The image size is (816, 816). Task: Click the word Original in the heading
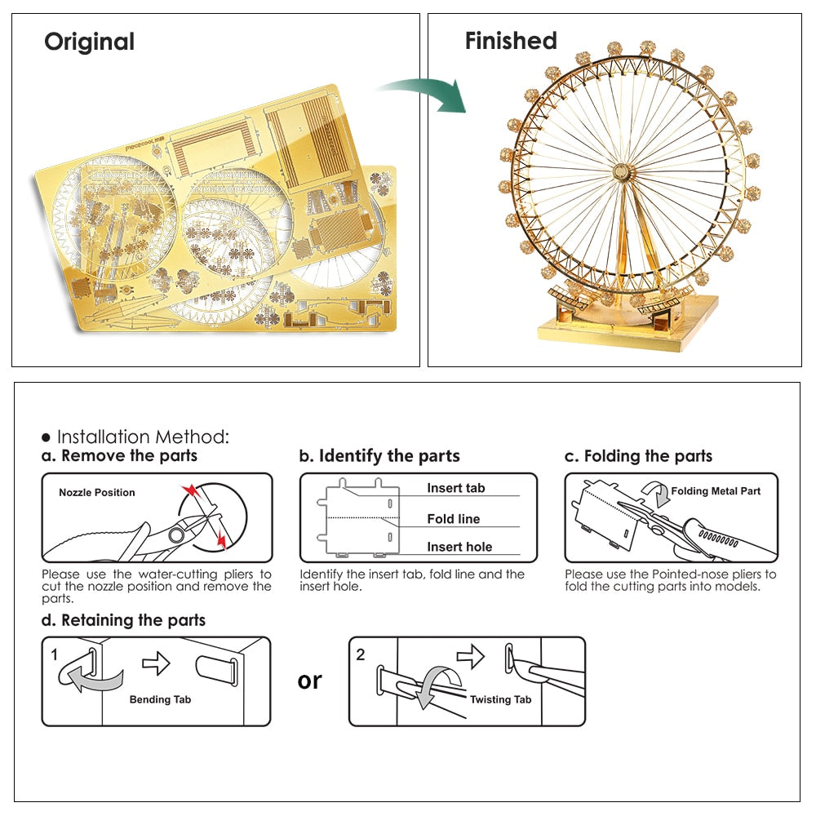point(89,42)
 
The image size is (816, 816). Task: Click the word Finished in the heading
point(511,41)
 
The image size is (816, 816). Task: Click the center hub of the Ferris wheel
point(622,174)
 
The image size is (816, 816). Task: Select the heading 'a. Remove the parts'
point(120,455)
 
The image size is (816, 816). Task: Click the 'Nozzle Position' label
point(97,492)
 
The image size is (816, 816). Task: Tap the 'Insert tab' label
point(455,488)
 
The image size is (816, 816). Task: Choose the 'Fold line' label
point(453,519)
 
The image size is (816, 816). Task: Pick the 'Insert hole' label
point(459,547)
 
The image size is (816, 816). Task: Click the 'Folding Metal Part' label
point(716,491)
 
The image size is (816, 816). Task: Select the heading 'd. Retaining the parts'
point(123,620)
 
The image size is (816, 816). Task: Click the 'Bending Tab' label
point(161,699)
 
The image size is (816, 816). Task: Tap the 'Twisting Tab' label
point(500,699)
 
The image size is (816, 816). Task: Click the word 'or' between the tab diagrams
point(310,681)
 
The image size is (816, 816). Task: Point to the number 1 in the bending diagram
point(54,654)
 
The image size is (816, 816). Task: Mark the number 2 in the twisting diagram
point(361,654)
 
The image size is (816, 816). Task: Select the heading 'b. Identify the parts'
point(379,455)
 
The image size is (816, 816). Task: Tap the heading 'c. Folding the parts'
point(638,455)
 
